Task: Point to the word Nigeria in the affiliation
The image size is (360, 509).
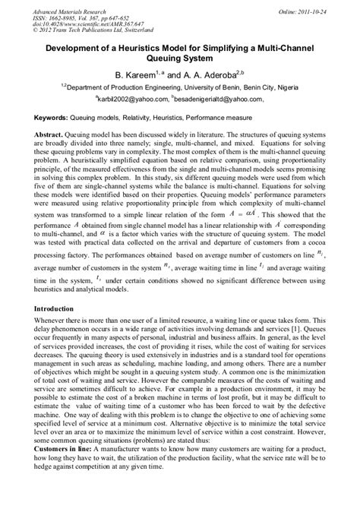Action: point(304,87)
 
